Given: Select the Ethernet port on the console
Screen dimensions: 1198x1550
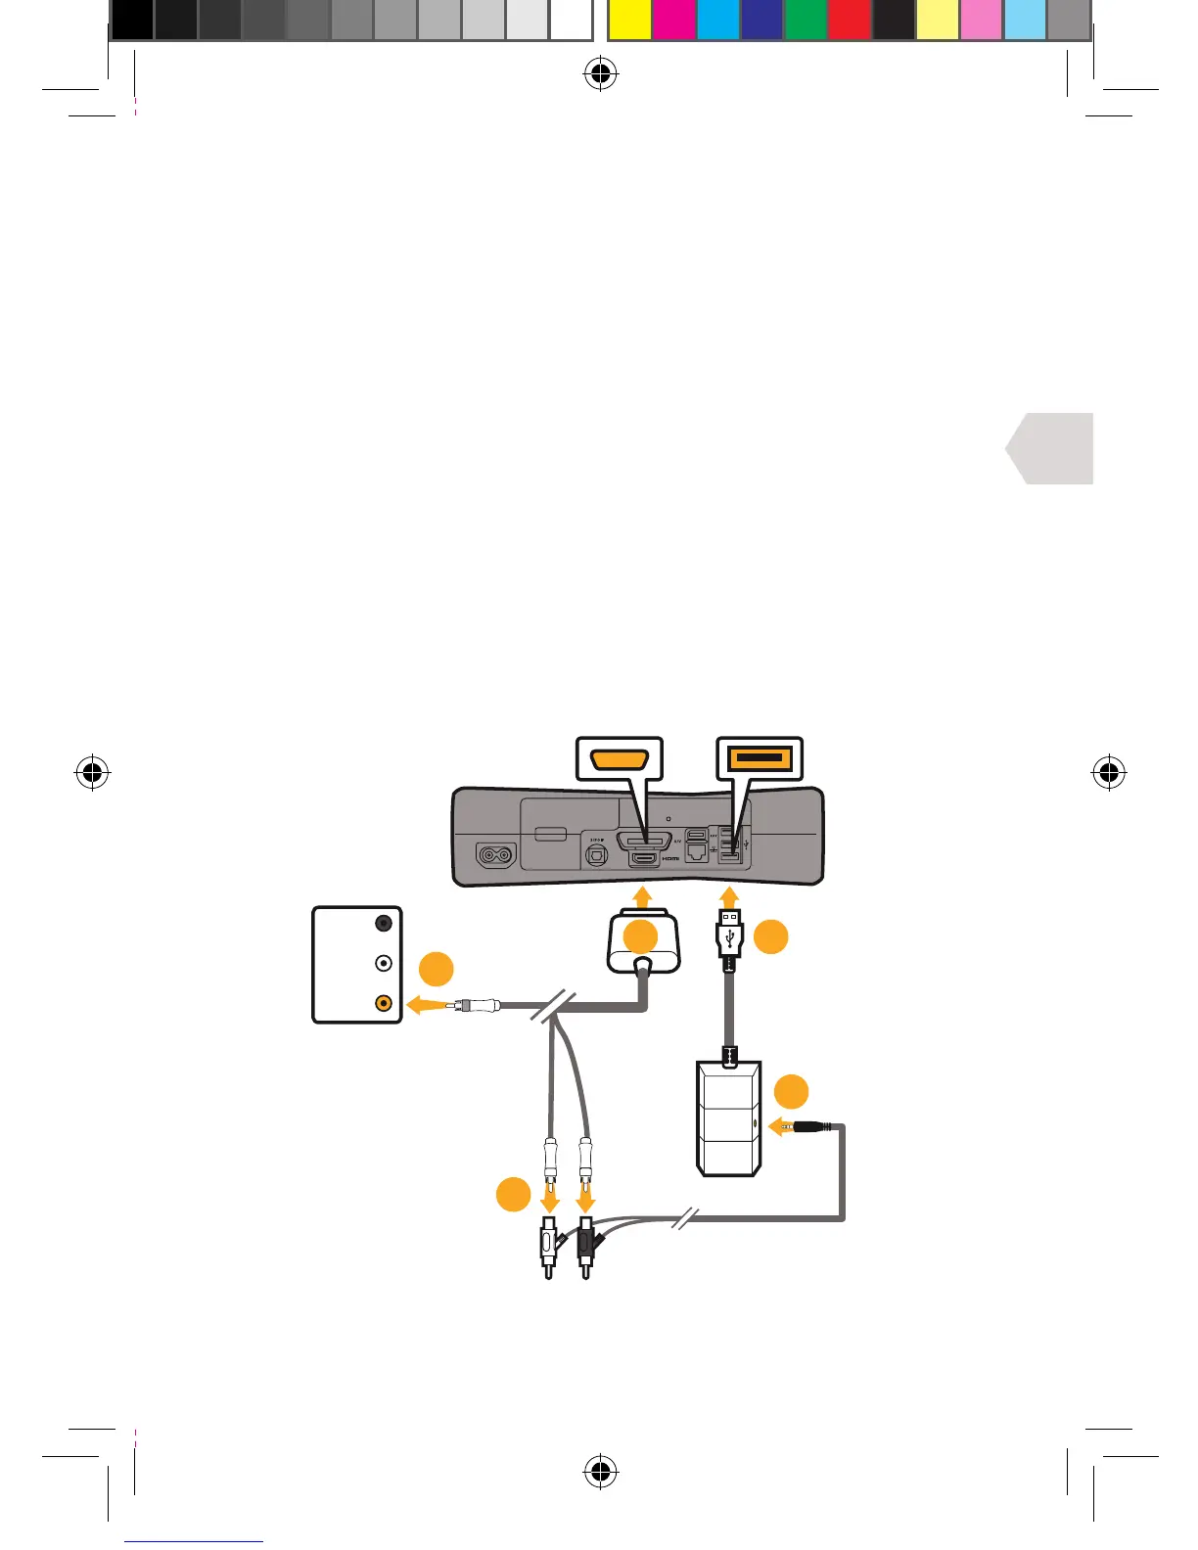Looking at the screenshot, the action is click(696, 852).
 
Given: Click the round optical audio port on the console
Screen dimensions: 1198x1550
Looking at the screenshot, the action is click(595, 854).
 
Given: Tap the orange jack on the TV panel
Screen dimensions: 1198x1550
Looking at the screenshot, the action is click(384, 1003).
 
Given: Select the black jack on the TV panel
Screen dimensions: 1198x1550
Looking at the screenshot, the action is click(384, 923).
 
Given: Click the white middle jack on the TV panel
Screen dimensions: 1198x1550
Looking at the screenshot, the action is click(384, 963).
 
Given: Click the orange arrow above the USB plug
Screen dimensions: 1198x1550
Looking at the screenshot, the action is click(729, 897).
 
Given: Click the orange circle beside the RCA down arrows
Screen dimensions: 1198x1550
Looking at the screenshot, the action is click(514, 1195).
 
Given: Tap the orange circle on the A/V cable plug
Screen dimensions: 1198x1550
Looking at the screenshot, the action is click(641, 937).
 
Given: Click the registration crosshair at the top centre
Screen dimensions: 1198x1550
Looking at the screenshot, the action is click(600, 74).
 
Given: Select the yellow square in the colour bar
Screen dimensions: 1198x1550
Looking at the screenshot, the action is click(629, 20).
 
